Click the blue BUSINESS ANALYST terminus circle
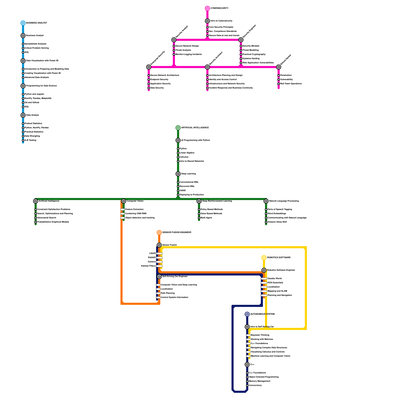point(23,23)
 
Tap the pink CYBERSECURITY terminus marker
point(207,8)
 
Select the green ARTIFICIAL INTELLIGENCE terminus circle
point(178,128)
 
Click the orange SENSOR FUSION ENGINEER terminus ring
point(159,233)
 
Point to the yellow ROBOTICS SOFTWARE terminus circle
point(264,258)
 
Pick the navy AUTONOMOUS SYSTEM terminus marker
point(247,314)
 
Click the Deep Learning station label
point(188,174)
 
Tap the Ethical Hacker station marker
point(279,67)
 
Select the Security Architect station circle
point(207,67)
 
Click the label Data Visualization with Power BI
point(42,61)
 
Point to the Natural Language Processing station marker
point(266,201)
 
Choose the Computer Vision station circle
point(124,201)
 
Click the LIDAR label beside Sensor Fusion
point(152,253)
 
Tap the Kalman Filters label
point(148,266)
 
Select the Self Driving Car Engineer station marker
point(159,277)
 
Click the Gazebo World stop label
point(275,279)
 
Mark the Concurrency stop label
point(255,385)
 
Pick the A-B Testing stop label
point(30,140)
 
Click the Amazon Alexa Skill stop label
point(277,222)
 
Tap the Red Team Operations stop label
point(291,84)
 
